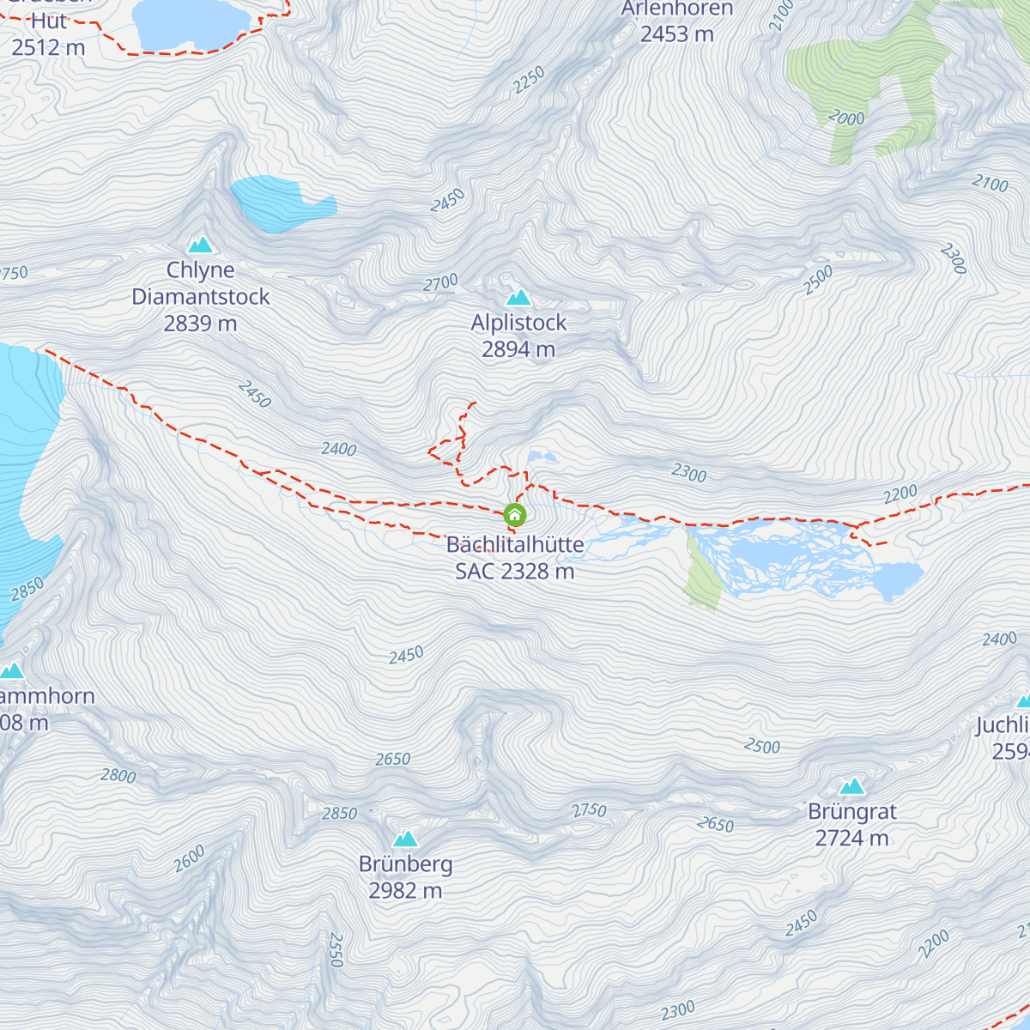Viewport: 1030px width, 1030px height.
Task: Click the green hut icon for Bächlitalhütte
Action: pos(514,515)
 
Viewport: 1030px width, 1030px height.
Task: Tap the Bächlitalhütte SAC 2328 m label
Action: pos(515,558)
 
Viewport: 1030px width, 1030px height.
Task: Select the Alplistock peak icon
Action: pos(518,298)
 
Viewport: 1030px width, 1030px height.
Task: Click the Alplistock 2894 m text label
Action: pos(518,336)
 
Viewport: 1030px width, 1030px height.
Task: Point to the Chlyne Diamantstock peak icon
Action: pos(200,245)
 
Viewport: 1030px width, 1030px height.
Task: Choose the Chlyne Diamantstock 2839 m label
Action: pos(200,296)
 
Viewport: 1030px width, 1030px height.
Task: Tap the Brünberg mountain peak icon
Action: pos(405,839)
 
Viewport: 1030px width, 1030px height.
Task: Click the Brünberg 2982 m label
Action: pos(405,877)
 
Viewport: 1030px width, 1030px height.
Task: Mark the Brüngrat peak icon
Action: pos(851,786)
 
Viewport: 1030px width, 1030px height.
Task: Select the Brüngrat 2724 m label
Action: pos(851,824)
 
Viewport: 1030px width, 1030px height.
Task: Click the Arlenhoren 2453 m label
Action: pos(677,21)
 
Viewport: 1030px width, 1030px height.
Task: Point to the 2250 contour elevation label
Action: pos(529,80)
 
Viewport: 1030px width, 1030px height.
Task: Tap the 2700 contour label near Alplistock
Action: pos(441,283)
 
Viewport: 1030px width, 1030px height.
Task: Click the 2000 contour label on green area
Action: pos(846,118)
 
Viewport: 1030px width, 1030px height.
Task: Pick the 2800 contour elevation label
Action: pos(118,775)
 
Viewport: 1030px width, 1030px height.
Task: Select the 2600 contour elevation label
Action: pos(190,858)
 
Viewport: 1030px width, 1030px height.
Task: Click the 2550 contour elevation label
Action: pos(336,950)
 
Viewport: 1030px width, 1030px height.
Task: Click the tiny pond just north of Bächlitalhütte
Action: pos(541,457)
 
